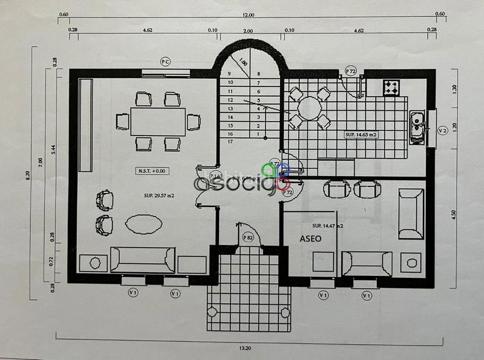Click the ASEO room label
tap(311, 238)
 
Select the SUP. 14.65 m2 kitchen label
tap(361, 134)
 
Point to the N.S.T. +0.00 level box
tap(151, 171)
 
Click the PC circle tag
tap(165, 61)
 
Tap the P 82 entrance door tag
tap(247, 237)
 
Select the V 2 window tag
tap(442, 129)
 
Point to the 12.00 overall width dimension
tap(249, 15)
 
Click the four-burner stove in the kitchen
tap(391, 88)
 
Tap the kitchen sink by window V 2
tap(416, 127)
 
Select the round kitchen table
tap(310, 108)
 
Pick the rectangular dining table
tap(158, 122)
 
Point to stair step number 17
tap(230, 142)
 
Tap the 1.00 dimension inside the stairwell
tap(243, 62)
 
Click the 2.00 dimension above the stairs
tap(248, 30)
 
